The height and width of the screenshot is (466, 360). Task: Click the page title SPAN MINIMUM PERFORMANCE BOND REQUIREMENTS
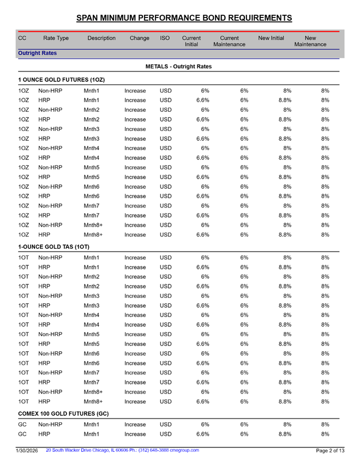click(x=184, y=18)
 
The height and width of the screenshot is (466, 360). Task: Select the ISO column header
click(x=165, y=38)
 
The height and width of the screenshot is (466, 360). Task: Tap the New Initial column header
click(x=271, y=38)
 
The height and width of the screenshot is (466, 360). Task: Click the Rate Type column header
click(x=56, y=38)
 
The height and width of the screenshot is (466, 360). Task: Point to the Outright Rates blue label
click(x=38, y=53)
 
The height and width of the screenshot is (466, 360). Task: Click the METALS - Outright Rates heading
click(x=178, y=67)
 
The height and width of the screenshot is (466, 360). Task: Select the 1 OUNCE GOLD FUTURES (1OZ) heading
click(x=61, y=80)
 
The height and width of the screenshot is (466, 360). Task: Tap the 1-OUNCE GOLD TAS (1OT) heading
click(x=53, y=247)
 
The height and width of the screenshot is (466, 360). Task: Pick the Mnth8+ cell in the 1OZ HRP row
click(x=94, y=236)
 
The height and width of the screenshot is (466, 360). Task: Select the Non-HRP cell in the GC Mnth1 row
click(x=50, y=425)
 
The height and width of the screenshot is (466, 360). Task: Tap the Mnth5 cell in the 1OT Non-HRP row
click(x=92, y=334)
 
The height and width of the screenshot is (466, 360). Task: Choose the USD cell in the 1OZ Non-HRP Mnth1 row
click(x=165, y=91)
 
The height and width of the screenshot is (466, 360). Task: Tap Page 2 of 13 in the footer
click(x=330, y=451)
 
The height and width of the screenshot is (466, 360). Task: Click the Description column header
click(x=101, y=38)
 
